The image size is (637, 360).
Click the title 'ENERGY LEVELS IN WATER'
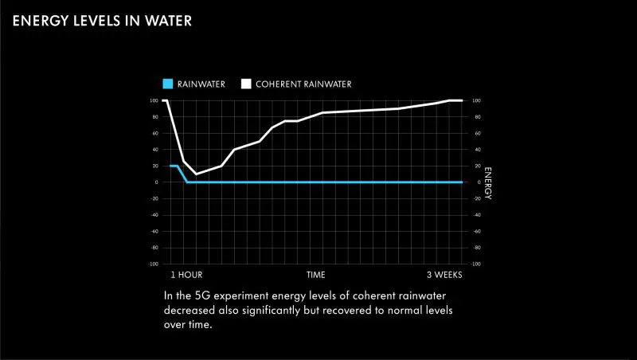tap(102, 21)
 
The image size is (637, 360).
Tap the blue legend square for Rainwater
tap(167, 84)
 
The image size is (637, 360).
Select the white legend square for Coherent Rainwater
tap(247, 84)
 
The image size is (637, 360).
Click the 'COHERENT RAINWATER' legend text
tap(303, 84)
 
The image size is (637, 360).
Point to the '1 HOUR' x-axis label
tap(186, 275)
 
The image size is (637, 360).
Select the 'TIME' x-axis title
tap(316, 275)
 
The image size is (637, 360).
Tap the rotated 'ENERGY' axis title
tap(488, 182)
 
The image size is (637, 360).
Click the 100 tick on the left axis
tap(154, 101)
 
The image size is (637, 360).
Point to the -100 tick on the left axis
tap(153, 264)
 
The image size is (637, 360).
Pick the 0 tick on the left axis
tap(156, 182)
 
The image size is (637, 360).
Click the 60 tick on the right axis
tap(476, 134)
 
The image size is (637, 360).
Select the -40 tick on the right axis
tap(477, 215)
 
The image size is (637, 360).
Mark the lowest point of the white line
tap(197, 174)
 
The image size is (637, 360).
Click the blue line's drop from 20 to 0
tap(182, 174)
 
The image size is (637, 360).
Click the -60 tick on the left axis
tap(154, 231)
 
